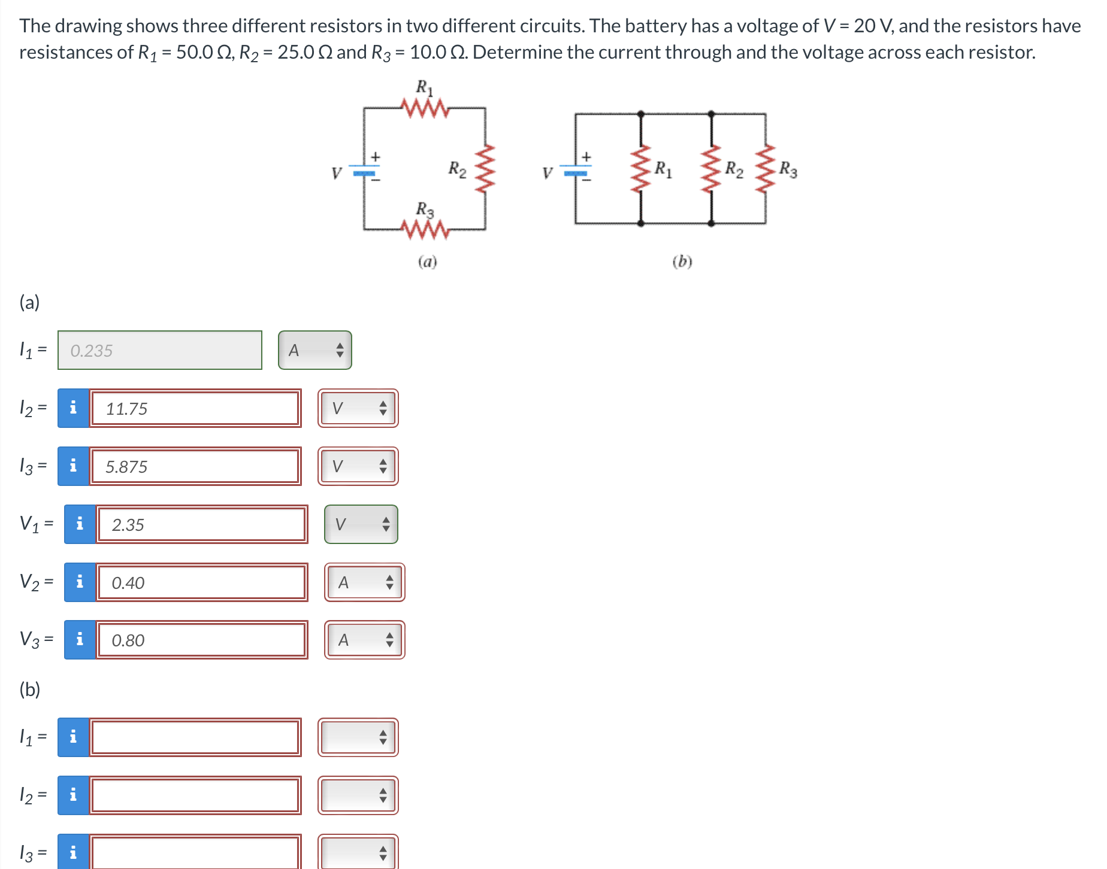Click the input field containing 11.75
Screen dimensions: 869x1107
pyautogui.click(x=195, y=409)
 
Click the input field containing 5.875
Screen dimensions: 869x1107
pyautogui.click(x=195, y=467)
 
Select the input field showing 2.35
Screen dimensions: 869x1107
pyautogui.click(x=202, y=525)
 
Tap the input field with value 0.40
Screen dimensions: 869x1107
pyautogui.click(x=202, y=583)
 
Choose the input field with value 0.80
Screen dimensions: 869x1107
pyautogui.click(x=202, y=640)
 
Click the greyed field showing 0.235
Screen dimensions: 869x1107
pyautogui.click(x=160, y=351)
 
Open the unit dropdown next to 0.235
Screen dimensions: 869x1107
pyautogui.click(x=315, y=351)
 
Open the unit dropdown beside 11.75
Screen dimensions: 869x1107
pyautogui.click(x=358, y=409)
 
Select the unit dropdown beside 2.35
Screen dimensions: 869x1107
pyautogui.click(x=361, y=525)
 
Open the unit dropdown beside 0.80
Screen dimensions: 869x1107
pyautogui.click(x=365, y=640)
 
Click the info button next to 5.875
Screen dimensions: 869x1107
pyautogui.click(x=74, y=467)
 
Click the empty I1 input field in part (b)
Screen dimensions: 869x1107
pyautogui.click(x=195, y=737)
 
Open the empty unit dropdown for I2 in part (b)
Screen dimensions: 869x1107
pyautogui.click(x=358, y=795)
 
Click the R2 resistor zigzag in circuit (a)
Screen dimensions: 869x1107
pyautogui.click(x=485, y=168)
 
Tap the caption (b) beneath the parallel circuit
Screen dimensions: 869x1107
pyautogui.click(x=682, y=262)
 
